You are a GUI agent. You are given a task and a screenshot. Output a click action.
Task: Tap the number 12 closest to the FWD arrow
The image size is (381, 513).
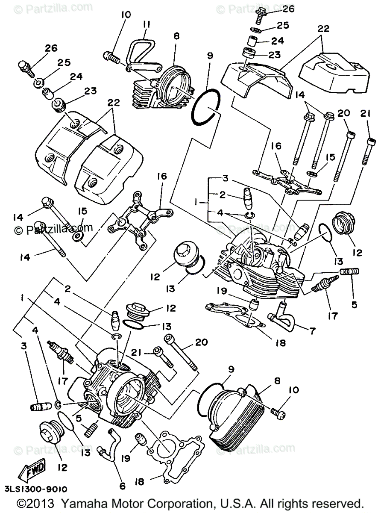[x=62, y=468]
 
